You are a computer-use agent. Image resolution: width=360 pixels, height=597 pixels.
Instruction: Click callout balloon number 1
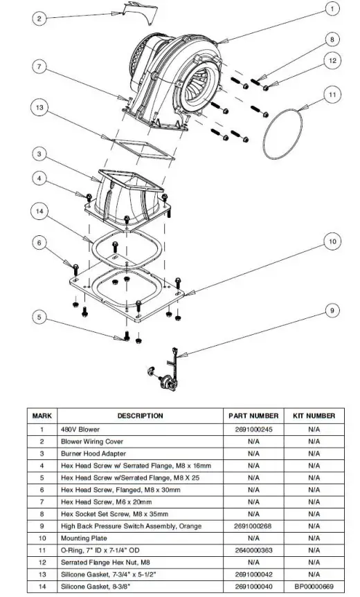tap(332, 9)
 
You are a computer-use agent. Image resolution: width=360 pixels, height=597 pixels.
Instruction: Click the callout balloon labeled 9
tap(333, 311)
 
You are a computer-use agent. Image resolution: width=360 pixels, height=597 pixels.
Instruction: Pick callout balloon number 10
tap(333, 241)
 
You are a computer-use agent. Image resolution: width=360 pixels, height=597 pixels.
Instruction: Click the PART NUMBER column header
tap(253, 416)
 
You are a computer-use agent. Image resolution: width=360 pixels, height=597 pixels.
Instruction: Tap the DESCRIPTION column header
tap(140, 416)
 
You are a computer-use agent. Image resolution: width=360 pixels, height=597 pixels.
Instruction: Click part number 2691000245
tap(253, 430)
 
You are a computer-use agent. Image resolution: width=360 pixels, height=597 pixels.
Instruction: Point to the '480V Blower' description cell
tap(80, 430)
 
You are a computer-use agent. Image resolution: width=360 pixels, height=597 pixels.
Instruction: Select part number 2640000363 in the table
tap(253, 550)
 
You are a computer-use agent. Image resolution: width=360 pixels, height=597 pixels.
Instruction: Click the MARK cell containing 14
tap(42, 586)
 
